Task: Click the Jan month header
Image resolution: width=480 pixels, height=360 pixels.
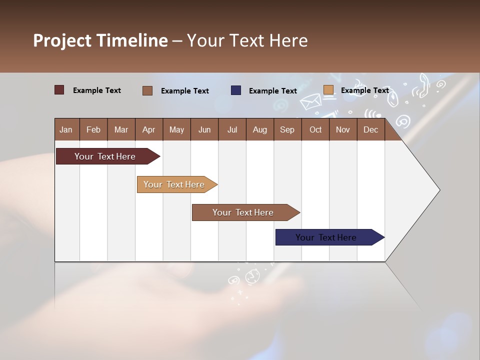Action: click(66, 129)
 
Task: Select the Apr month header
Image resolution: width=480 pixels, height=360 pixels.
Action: click(148, 129)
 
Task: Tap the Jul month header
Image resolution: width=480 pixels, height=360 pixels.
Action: click(232, 129)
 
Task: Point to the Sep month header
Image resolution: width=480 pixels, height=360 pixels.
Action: click(287, 129)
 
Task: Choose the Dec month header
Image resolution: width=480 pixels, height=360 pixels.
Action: click(370, 129)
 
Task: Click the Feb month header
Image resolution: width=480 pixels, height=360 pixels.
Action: click(93, 129)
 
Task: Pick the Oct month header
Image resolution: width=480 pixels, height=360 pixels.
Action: click(315, 129)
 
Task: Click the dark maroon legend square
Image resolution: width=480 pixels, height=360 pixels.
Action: click(59, 90)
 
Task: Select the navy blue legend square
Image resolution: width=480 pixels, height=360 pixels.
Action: click(236, 90)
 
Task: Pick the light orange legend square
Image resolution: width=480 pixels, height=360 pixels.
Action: click(328, 90)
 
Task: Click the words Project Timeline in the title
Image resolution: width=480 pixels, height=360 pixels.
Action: click(100, 40)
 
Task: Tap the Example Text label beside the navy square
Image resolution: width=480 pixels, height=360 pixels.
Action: click(272, 90)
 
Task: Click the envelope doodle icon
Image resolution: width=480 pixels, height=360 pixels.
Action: click(310, 101)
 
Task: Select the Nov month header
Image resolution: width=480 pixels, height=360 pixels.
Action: click(342, 129)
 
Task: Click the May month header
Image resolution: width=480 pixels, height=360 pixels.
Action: click(176, 129)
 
